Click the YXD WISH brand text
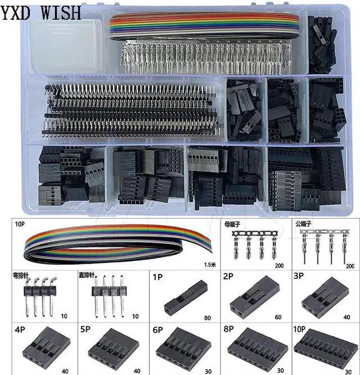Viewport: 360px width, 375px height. click(x=40, y=11)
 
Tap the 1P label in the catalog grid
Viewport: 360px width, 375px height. click(x=159, y=277)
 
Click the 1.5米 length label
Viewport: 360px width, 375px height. click(x=209, y=264)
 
